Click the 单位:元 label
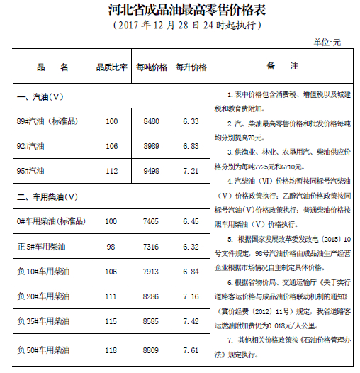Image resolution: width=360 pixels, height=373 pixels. coord(327,42)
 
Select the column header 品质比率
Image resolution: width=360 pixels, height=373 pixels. coord(111,67)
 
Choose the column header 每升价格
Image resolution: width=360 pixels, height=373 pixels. coord(191,67)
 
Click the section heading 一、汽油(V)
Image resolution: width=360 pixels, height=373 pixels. coord(41,96)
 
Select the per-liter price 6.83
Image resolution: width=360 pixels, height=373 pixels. coord(191,146)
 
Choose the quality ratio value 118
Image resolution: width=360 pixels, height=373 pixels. coord(111,350)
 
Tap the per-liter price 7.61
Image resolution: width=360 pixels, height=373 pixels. coord(191,350)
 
